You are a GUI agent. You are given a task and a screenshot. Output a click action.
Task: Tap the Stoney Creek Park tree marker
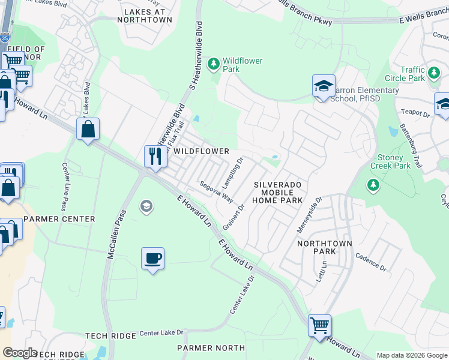click(x=373, y=185)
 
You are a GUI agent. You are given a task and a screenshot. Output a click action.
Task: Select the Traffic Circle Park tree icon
click(x=433, y=74)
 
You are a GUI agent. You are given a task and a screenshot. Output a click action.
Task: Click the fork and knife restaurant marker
click(x=155, y=156)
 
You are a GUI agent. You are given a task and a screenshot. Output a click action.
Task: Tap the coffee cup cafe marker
click(x=152, y=258)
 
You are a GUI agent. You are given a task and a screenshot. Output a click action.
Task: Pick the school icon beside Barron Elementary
click(x=323, y=86)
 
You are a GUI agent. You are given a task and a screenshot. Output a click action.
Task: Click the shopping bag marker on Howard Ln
click(x=88, y=128)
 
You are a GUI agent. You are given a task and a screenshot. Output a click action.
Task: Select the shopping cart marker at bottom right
click(x=319, y=325)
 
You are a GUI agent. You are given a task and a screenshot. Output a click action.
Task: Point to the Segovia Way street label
click(x=216, y=193)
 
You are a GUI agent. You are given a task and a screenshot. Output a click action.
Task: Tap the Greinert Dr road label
click(x=234, y=217)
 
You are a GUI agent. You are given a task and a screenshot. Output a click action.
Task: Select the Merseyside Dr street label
click(x=310, y=214)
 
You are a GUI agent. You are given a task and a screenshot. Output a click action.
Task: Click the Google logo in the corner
click(x=20, y=353)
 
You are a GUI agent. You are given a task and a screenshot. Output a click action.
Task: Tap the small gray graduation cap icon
click(x=145, y=207)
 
